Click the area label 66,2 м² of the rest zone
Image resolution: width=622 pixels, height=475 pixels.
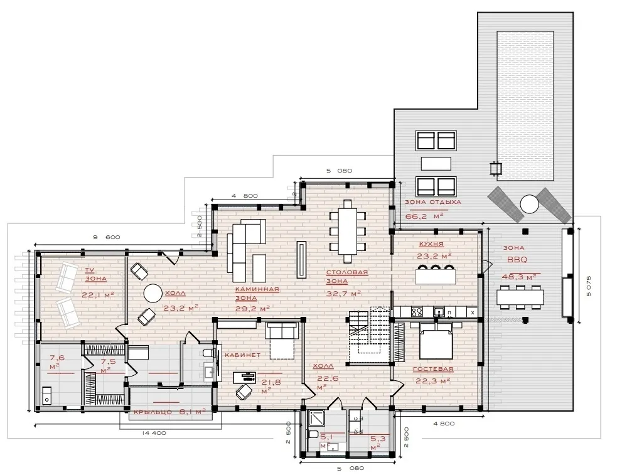pyautogui.click(x=424, y=216)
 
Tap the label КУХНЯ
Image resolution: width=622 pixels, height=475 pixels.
pyautogui.click(x=431, y=244)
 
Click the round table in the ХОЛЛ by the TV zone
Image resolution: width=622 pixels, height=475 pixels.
pyautogui.click(x=153, y=294)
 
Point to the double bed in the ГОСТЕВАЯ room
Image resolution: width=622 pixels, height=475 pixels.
pyautogui.click(x=435, y=340)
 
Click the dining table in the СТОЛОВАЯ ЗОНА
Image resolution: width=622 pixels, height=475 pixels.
pyautogui.click(x=348, y=231)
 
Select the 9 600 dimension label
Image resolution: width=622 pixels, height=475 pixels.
pyautogui.click(x=106, y=237)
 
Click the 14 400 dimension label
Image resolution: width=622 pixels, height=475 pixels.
pyautogui.click(x=154, y=433)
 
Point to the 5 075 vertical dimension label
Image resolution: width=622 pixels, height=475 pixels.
pyautogui.click(x=588, y=286)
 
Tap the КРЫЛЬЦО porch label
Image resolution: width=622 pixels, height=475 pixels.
pyautogui.click(x=153, y=412)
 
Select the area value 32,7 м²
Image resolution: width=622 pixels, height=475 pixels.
pyautogui.click(x=343, y=294)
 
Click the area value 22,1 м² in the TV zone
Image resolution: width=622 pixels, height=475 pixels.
pyautogui.click(x=98, y=294)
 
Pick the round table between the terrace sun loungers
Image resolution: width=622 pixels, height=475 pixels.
pyautogui.click(x=529, y=205)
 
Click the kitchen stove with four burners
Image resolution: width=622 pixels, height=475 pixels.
pyautogui.click(x=417, y=312)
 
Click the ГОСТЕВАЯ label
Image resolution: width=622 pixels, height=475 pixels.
pyautogui.click(x=433, y=369)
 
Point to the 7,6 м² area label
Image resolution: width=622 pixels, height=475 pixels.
pyautogui.click(x=56, y=362)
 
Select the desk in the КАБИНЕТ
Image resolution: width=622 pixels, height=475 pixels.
pyautogui.click(x=244, y=376)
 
